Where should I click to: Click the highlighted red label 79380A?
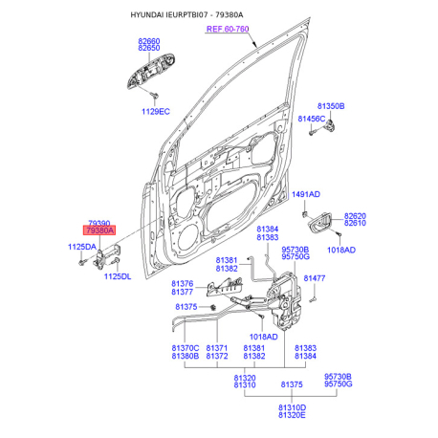99,230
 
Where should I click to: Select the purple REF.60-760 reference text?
228,29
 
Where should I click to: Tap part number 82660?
149,41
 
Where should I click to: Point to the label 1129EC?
156,112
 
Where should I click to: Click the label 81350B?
331,106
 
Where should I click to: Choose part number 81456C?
312,119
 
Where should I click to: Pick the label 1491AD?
306,194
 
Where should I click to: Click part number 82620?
355,216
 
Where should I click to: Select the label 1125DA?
82,247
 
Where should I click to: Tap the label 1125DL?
118,276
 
